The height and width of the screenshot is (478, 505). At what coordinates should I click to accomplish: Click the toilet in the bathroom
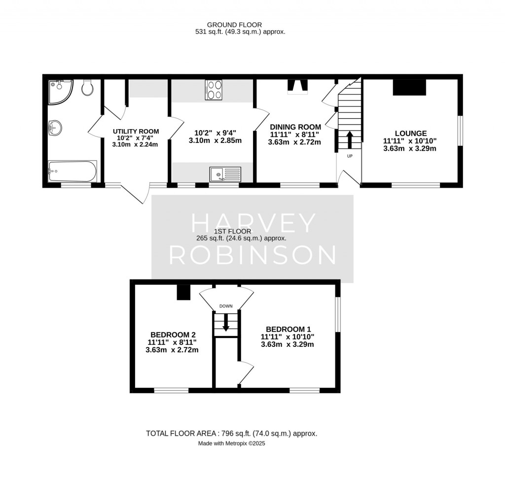88,88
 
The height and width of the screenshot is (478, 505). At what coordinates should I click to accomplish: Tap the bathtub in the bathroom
72,171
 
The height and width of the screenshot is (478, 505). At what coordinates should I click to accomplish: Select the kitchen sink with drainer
225,173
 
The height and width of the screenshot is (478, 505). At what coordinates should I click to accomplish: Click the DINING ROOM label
295,127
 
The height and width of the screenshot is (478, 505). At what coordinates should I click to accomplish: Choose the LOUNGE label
410,133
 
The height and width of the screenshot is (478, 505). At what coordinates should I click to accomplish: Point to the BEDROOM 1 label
288,329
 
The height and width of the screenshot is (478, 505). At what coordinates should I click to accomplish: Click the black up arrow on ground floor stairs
350,139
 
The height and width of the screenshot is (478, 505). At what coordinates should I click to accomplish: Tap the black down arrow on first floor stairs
226,323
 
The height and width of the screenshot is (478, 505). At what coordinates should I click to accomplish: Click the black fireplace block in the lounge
409,87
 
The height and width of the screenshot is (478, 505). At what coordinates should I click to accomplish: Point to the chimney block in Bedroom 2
183,292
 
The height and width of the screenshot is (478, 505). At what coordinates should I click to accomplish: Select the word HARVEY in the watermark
252,224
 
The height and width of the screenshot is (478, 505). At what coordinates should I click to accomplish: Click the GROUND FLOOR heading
234,25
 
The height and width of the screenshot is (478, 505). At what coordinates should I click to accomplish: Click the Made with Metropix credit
231,444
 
